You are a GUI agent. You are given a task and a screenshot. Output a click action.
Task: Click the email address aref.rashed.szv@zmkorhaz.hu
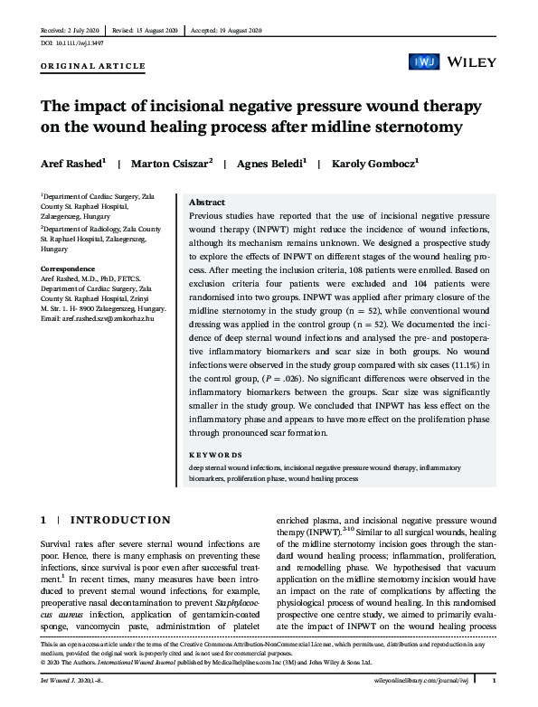click(x=92, y=319)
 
